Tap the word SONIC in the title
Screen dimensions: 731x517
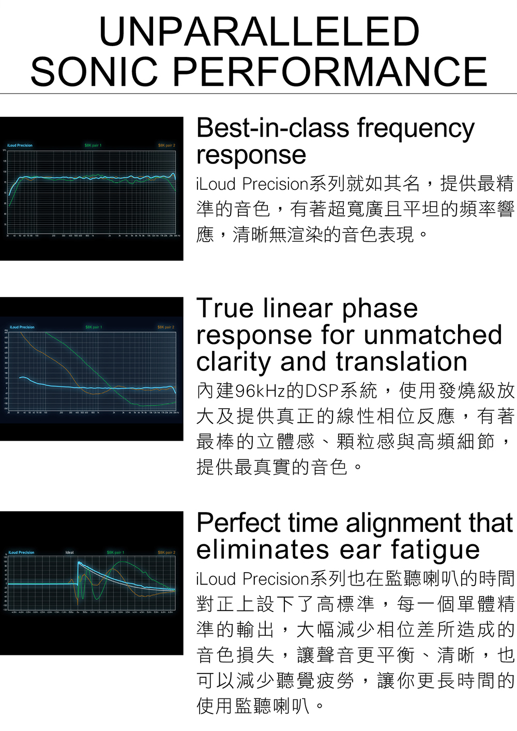point(94,71)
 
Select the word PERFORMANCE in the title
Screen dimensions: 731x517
point(330,71)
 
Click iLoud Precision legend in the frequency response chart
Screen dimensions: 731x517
point(20,145)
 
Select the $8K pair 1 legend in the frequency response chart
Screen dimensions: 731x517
point(93,145)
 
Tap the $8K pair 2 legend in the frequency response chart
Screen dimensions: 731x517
point(166,145)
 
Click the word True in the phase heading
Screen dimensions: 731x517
point(225,308)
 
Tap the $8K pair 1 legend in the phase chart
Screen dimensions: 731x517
point(94,327)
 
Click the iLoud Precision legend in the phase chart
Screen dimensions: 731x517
point(22,327)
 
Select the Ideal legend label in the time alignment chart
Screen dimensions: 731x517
point(69,553)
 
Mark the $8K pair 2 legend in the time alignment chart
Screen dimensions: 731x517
point(166,553)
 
